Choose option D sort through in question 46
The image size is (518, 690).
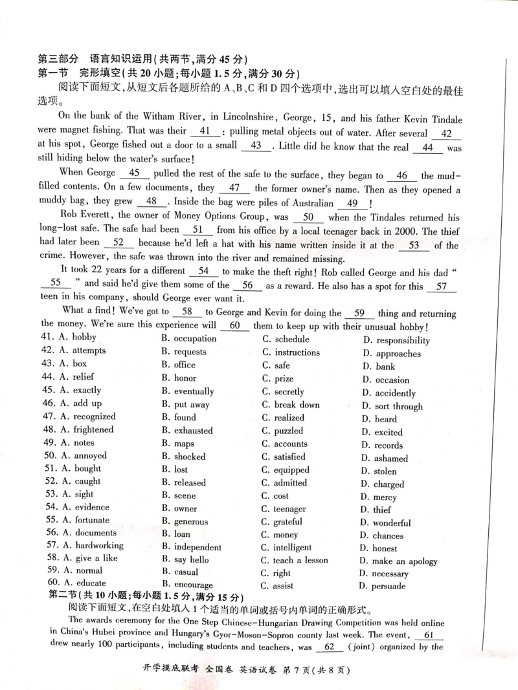[391, 407]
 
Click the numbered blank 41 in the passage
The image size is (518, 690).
[206, 133]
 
